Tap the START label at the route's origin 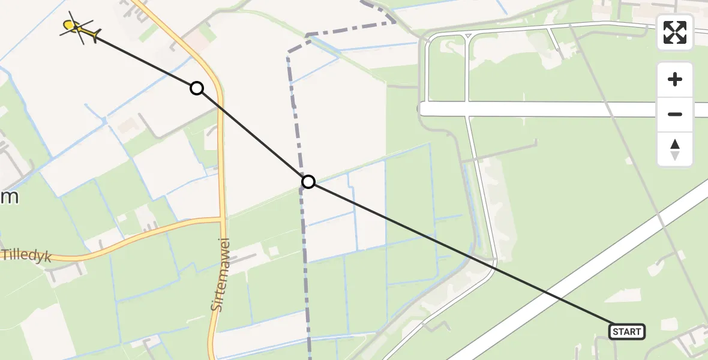tap(627, 331)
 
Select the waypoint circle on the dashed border tap(308, 181)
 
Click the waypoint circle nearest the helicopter tap(196, 88)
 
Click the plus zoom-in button tap(675, 79)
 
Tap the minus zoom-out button tap(675, 114)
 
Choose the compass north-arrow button tap(675, 149)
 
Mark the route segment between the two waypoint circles tap(252, 135)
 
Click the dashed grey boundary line tap(303, 252)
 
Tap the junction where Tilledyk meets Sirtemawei tap(223, 220)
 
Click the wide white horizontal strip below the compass tap(540, 109)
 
